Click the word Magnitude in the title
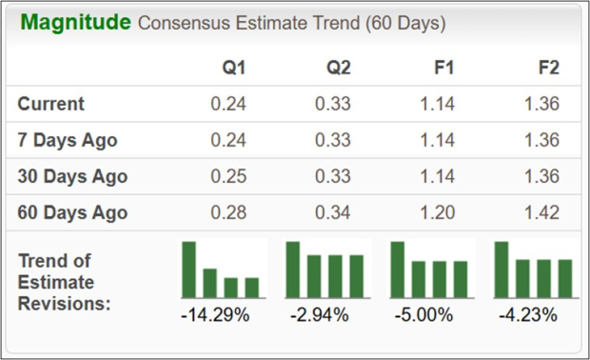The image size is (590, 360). (76, 23)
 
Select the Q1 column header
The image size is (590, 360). (234, 68)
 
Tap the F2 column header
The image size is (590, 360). (548, 68)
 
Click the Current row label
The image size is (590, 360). (51, 104)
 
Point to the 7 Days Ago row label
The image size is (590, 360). (68, 140)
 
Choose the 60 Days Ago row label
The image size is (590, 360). (72, 212)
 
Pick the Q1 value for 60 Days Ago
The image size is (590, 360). (228, 212)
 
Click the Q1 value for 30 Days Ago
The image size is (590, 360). (228, 176)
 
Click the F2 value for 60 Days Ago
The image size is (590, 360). (541, 212)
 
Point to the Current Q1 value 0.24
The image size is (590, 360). (228, 104)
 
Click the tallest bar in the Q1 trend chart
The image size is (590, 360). (189, 270)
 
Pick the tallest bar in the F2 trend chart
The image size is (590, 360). (501, 270)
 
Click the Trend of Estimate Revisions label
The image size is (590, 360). (65, 282)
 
